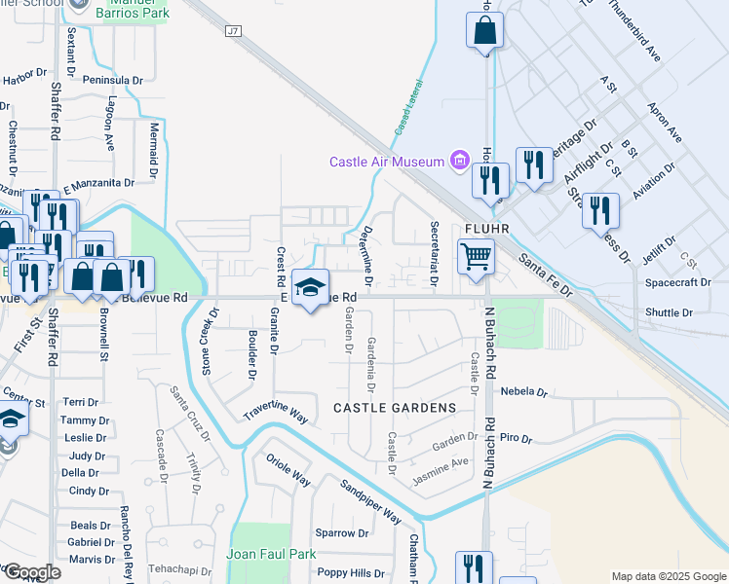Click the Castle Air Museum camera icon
pos(459,162)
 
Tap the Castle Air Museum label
pos(387,162)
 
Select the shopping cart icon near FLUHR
pos(476,258)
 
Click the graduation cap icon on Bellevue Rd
pos(311,288)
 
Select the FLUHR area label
pos(488,227)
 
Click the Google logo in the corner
pos(31,571)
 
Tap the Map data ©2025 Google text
pos(668,576)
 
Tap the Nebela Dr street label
pos(523,391)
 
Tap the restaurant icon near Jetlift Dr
pos(600,210)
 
